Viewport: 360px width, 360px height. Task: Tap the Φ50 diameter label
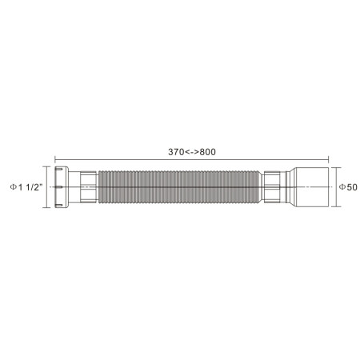pos(346,186)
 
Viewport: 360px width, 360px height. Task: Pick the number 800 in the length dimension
pos(207,152)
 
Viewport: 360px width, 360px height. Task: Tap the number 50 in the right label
pos(350,186)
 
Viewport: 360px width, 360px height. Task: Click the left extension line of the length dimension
pos(55,162)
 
